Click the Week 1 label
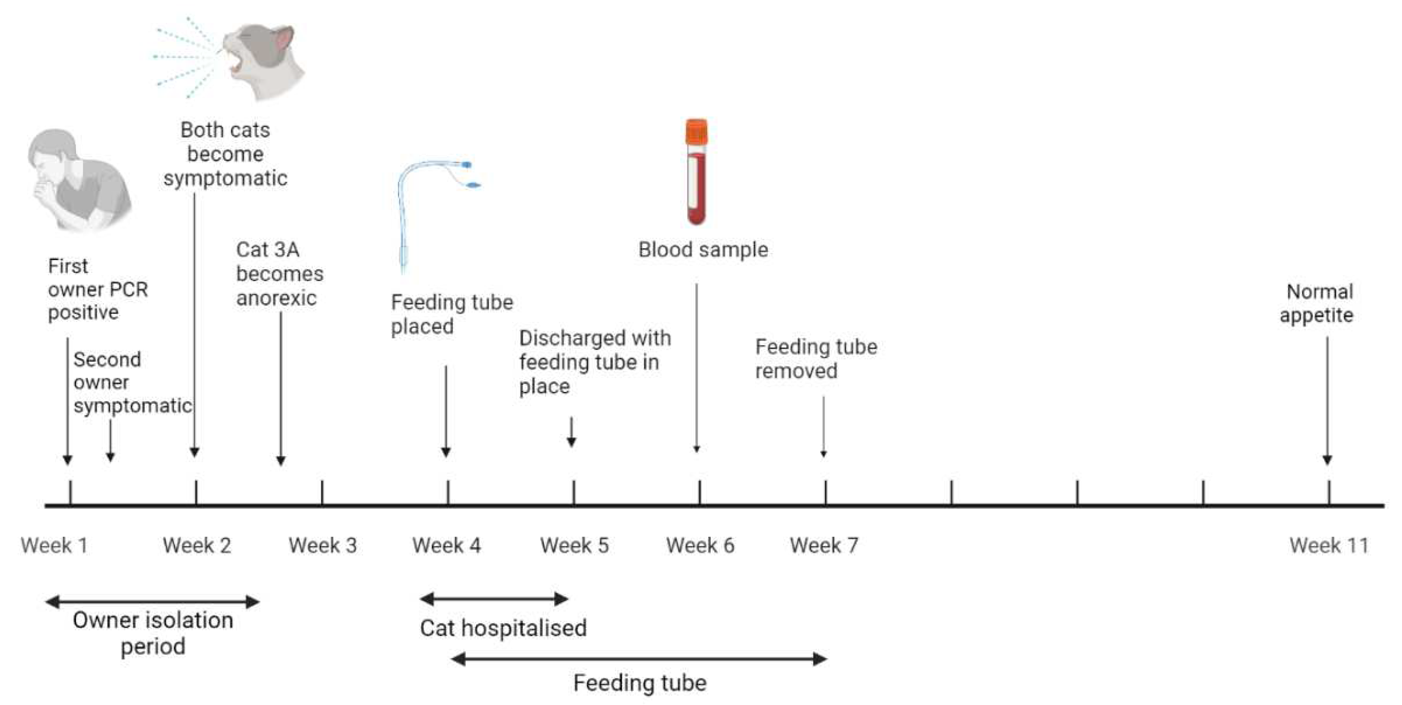click(55, 545)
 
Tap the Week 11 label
click(1329, 545)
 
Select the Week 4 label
click(446, 545)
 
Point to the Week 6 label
click(700, 545)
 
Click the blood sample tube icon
click(696, 174)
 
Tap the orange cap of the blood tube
click(696, 131)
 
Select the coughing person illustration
click(79, 180)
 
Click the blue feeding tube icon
click(430, 207)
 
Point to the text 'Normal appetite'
click(1318, 303)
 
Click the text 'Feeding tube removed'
click(816, 359)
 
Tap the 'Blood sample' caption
click(703, 250)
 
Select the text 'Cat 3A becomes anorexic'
click(279, 274)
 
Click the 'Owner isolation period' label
click(153, 633)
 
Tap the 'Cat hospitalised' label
click(503, 628)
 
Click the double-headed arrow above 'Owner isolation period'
click(153, 601)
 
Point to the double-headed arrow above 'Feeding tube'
click(639, 659)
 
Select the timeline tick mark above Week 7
click(825, 492)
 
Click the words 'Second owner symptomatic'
click(132, 382)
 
